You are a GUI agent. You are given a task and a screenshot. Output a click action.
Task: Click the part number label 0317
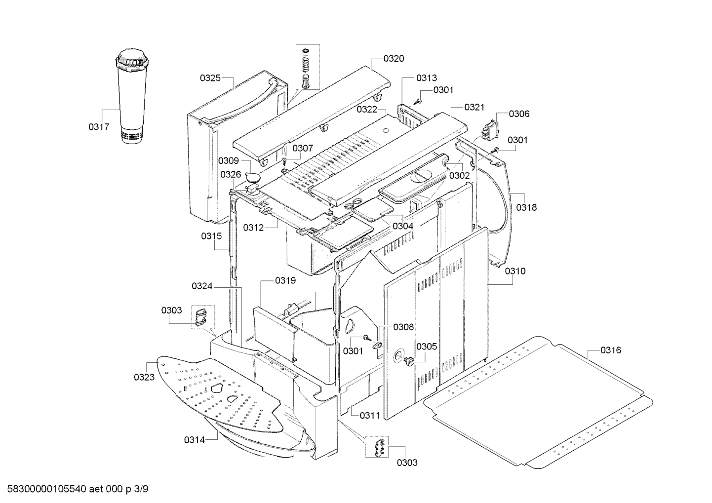click(x=99, y=127)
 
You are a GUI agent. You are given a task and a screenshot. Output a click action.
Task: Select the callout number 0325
click(x=210, y=78)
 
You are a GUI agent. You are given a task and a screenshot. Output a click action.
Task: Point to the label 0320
click(x=394, y=59)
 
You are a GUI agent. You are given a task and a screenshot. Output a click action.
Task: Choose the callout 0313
click(x=426, y=78)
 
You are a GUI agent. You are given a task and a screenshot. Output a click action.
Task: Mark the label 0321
click(x=474, y=107)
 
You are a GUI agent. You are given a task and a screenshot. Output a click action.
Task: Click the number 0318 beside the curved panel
click(x=526, y=207)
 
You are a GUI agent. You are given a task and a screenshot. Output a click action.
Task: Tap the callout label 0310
click(x=515, y=271)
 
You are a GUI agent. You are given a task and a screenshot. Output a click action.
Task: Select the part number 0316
click(x=611, y=350)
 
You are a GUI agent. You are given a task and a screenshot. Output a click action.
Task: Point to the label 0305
click(x=426, y=347)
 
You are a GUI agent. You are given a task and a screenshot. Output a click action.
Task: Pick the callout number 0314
click(x=194, y=439)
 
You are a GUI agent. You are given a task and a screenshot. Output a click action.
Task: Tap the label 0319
click(x=285, y=281)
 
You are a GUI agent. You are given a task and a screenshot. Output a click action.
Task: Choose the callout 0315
click(x=211, y=236)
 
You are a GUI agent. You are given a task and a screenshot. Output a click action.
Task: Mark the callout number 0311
click(x=369, y=415)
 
